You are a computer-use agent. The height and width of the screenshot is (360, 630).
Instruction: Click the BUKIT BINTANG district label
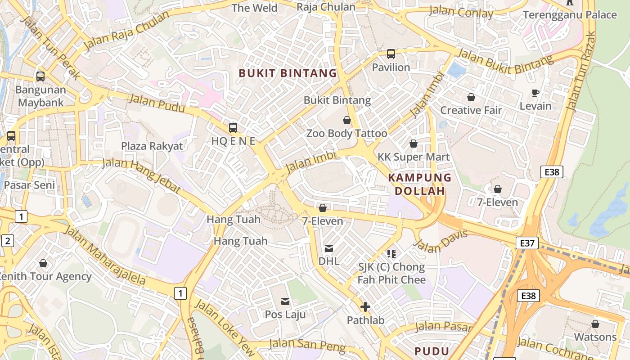pyautogui.click(x=288, y=73)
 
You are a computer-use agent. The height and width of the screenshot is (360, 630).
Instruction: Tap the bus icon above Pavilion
pyautogui.click(x=391, y=54)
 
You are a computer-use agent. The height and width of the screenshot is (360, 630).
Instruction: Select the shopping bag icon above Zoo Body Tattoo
pyautogui.click(x=347, y=120)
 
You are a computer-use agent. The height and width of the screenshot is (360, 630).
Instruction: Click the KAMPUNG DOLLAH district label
pyautogui.click(x=419, y=184)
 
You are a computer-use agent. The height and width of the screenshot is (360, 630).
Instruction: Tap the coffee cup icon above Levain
pyautogui.click(x=535, y=93)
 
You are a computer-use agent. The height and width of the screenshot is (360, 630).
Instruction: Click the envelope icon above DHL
pyautogui.click(x=329, y=248)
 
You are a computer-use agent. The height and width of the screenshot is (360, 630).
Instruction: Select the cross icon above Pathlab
pyautogui.click(x=365, y=307)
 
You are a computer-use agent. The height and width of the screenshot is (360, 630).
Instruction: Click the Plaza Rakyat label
pyautogui.click(x=152, y=146)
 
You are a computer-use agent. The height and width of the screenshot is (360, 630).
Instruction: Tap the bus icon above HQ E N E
pyautogui.click(x=233, y=127)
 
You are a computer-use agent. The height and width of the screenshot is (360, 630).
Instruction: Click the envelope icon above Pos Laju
pyautogui.click(x=285, y=301)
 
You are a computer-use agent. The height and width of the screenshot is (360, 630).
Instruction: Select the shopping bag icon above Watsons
pyautogui.click(x=595, y=324)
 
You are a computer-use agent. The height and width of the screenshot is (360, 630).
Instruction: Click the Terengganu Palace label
pyautogui.click(x=570, y=15)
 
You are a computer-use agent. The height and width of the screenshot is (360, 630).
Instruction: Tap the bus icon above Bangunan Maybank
pyautogui.click(x=40, y=76)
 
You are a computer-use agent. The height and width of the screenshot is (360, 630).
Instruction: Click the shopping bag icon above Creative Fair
pyautogui.click(x=471, y=97)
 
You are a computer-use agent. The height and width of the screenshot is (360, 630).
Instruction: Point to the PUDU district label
pyautogui.click(x=432, y=351)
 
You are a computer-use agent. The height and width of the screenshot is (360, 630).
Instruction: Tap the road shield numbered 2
pyautogui.click(x=8, y=241)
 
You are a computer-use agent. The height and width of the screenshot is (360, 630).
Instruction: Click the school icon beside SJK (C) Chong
pyautogui.click(x=391, y=254)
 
